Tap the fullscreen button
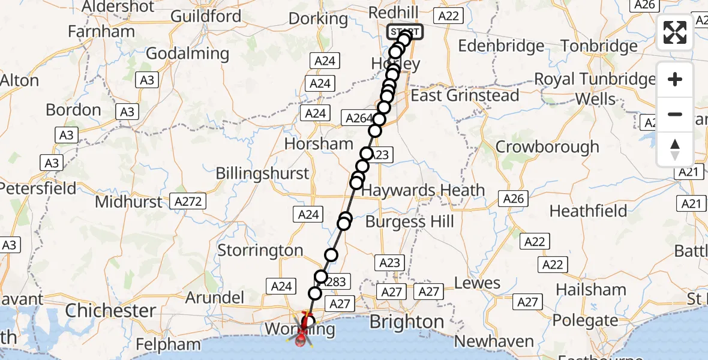click(675, 32)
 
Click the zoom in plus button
click(675, 79)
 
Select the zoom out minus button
click(675, 114)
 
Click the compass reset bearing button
click(675, 149)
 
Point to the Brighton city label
click(406, 322)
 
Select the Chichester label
click(111, 310)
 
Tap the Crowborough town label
click(547, 147)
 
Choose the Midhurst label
click(129, 202)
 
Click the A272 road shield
click(189, 201)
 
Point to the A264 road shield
click(359, 118)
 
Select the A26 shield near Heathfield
click(514, 199)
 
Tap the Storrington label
click(260, 250)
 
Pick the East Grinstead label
click(465, 95)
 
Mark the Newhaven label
click(494, 341)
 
